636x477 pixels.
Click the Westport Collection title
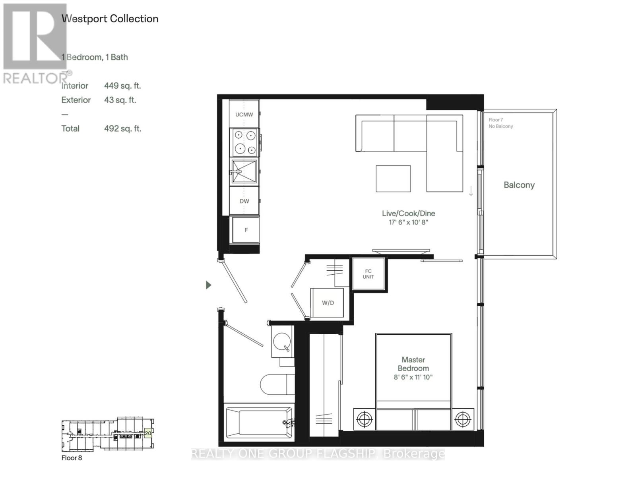pyautogui.click(x=110, y=19)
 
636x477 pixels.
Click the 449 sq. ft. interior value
pyautogui.click(x=122, y=86)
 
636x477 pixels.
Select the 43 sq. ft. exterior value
pyautogui.click(x=120, y=100)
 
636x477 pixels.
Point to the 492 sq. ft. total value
pyautogui.click(x=122, y=129)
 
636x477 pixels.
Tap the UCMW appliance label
pyautogui.click(x=244, y=114)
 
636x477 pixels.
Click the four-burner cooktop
pyautogui.click(x=245, y=142)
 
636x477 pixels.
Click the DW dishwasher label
pyautogui.click(x=244, y=201)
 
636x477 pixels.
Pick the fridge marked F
pyautogui.click(x=246, y=230)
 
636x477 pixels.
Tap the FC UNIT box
pyautogui.click(x=368, y=274)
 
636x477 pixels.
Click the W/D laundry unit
pyautogui.click(x=328, y=303)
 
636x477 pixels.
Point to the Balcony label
pyautogui.click(x=519, y=185)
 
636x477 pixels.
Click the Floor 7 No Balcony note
pyautogui.click(x=500, y=123)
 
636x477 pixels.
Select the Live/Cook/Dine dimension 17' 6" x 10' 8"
pyautogui.click(x=408, y=222)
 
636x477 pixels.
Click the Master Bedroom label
pyautogui.click(x=413, y=364)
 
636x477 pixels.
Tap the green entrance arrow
pyautogui.click(x=208, y=285)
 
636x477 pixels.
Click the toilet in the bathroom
pyautogui.click(x=277, y=384)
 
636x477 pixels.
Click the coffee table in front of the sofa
pyautogui.click(x=393, y=178)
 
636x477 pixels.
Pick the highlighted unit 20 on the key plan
pyautogui.click(x=148, y=433)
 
